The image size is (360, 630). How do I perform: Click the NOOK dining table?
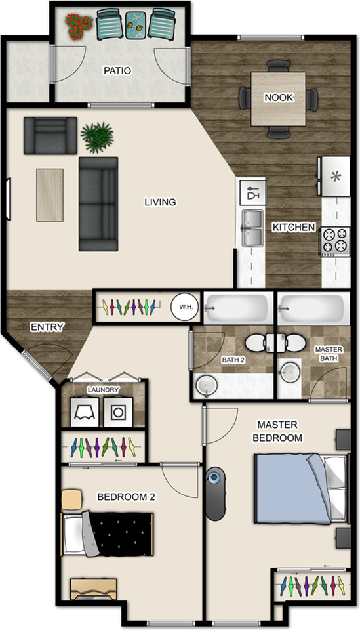pos(279,99)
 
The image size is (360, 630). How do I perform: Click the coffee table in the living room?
pos(50,194)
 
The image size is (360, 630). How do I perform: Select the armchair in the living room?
pos(50,135)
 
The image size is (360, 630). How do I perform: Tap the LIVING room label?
pos(160,202)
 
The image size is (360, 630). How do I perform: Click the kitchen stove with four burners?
pos(334,241)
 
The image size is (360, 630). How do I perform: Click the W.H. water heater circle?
pos(182,306)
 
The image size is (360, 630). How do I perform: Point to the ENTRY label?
pos(47,327)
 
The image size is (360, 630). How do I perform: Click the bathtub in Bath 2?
pos(235,306)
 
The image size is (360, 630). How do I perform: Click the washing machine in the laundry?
pos(119,411)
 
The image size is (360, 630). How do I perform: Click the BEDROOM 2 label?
pos(126,497)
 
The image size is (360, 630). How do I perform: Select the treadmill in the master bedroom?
pos(215,494)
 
